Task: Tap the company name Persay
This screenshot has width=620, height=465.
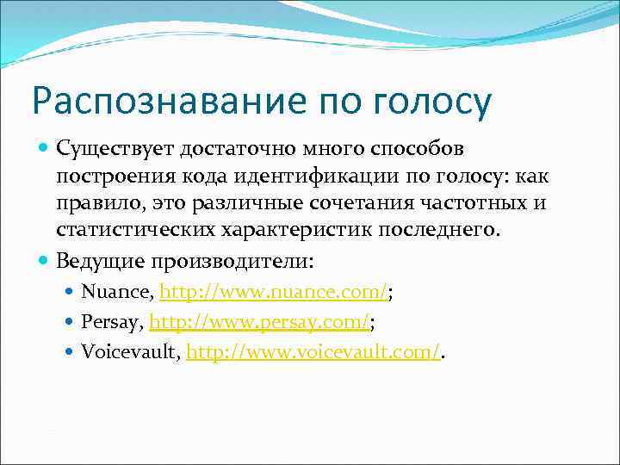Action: click(111, 322)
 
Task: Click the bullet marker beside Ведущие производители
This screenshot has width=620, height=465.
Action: click(45, 258)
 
